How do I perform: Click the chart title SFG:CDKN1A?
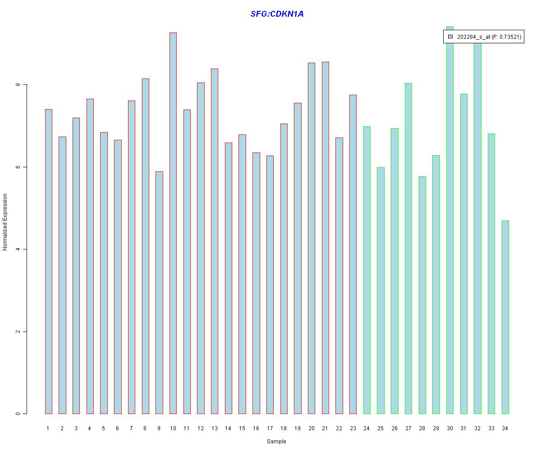coord(277,14)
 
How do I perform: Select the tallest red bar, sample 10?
coord(173,223)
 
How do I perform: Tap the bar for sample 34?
coord(505,317)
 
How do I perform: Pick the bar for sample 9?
coord(159,292)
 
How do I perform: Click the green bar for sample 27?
coord(408,248)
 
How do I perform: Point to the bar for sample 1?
coord(48,262)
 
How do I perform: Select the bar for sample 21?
coord(325,238)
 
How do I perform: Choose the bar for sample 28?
coord(422,295)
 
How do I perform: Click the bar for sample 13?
coord(215,241)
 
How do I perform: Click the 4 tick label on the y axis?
coord(18,249)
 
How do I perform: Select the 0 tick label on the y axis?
coord(18,414)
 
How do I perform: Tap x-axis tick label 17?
coord(270,428)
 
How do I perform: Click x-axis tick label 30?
coord(449,428)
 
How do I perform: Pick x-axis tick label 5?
coord(104,428)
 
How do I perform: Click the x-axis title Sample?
coord(276,442)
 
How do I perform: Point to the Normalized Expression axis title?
coord(5,222)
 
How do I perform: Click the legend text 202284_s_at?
coord(473,37)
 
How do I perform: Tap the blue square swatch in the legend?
coord(450,37)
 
